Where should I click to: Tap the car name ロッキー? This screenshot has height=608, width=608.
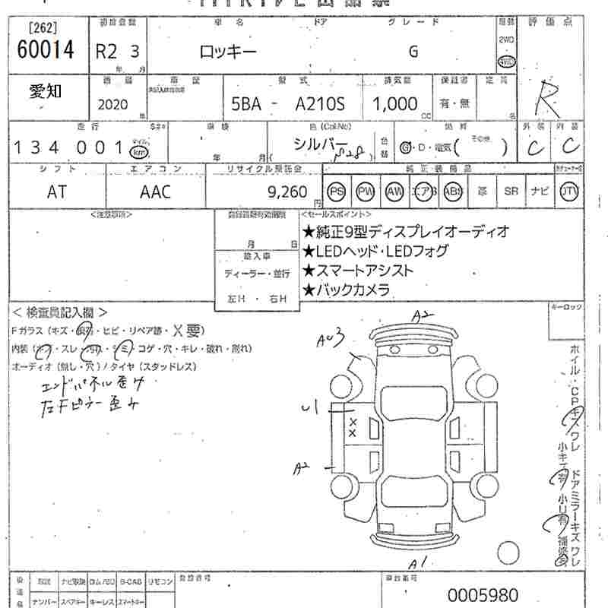(x=228, y=52)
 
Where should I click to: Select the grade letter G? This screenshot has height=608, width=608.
(x=413, y=52)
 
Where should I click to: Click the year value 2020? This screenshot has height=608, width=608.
(x=113, y=104)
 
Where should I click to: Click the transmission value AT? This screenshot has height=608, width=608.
(x=57, y=192)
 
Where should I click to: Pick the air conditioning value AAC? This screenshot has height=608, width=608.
(x=155, y=192)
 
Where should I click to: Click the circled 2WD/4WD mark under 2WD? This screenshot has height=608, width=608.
(x=505, y=62)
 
